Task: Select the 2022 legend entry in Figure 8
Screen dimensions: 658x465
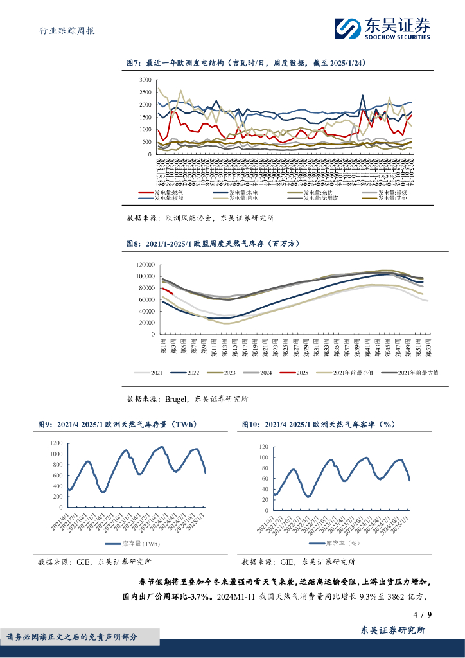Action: point(193,373)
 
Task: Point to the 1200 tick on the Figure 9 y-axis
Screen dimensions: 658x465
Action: point(56,444)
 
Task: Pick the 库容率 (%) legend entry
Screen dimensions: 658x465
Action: point(342,543)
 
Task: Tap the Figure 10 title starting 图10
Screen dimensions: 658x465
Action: point(317,424)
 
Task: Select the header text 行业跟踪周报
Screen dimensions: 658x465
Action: point(62,30)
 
